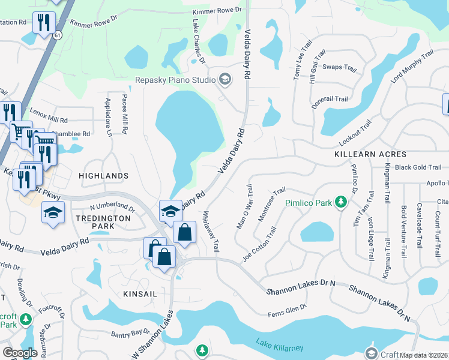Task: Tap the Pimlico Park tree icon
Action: (x=341, y=202)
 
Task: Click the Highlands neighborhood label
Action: (x=103, y=176)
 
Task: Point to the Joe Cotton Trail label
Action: (x=259, y=244)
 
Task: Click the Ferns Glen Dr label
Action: (x=288, y=308)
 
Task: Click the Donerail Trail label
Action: (x=330, y=99)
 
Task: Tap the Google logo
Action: (x=20, y=352)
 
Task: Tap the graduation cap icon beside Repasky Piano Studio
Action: (x=224, y=79)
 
